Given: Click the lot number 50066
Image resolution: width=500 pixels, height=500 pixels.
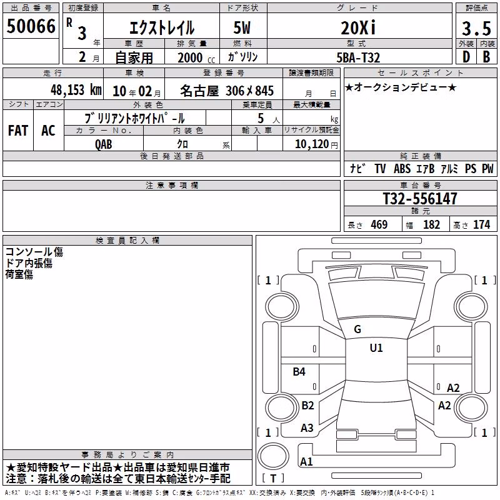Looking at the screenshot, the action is [x=31, y=26].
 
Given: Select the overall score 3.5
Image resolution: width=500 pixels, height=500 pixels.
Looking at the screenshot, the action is [x=476, y=28].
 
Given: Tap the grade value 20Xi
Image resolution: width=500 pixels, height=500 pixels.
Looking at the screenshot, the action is [x=358, y=27].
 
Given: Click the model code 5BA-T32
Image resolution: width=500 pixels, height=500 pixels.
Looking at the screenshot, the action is [x=358, y=57].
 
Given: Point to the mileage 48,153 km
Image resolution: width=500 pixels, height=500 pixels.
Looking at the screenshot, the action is [x=76, y=90].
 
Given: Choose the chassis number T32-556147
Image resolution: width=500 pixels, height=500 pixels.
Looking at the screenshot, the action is [x=420, y=198].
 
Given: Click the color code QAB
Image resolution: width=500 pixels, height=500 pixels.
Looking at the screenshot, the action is [x=104, y=144].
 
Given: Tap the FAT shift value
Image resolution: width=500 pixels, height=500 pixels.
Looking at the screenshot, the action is [x=18, y=131].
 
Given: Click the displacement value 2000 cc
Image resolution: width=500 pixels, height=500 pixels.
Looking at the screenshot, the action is [x=196, y=57].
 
